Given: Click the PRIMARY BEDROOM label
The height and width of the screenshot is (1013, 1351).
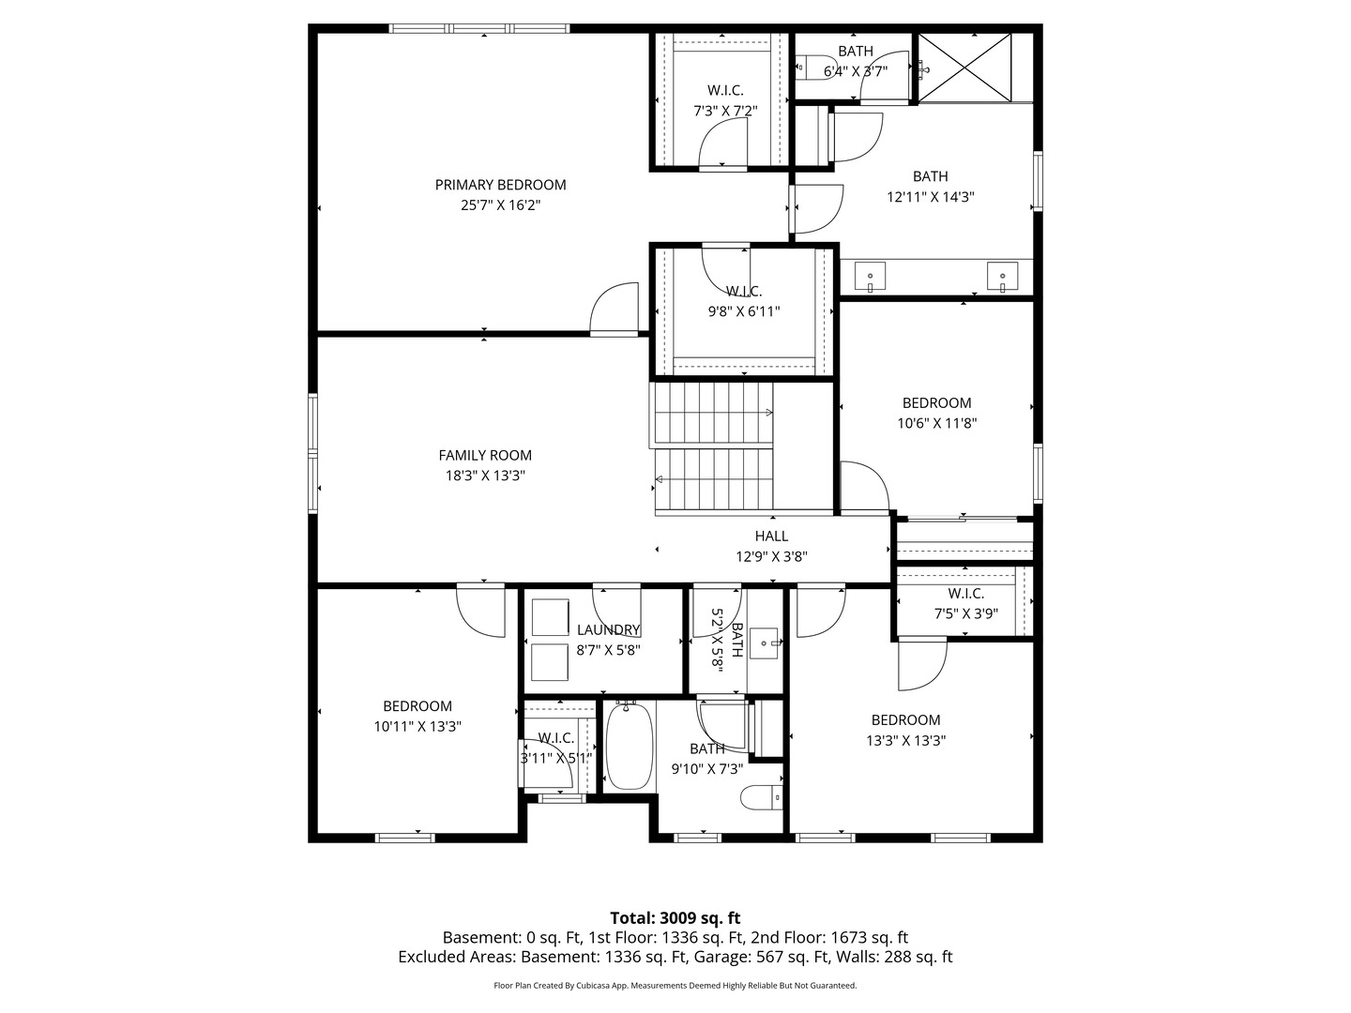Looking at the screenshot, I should coord(500,185).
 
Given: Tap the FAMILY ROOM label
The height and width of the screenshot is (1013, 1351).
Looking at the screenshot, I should coord(485,455).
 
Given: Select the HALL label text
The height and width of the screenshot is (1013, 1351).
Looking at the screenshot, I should coord(771,536).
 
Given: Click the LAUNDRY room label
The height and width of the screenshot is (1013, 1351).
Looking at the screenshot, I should coord(608,629).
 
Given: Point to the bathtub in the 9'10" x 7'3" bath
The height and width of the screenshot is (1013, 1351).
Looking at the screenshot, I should coord(628,747).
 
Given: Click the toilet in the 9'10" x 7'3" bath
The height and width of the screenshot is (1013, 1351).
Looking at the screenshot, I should coord(761,797).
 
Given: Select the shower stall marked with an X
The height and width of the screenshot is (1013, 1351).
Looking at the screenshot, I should coord(964,67).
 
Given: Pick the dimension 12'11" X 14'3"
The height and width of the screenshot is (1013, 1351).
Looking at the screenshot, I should coord(930,197).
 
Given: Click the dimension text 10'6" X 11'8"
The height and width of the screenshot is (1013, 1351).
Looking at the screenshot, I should coord(937,423).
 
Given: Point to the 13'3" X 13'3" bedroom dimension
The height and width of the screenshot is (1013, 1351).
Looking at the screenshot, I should coord(905,740).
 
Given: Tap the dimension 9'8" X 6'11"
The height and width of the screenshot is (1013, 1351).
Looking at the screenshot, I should coord(744,311).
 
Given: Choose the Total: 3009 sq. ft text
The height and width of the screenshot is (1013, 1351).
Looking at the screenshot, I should coord(675,917).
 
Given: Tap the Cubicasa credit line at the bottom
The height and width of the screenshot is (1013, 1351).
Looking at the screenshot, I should coord(675,986).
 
